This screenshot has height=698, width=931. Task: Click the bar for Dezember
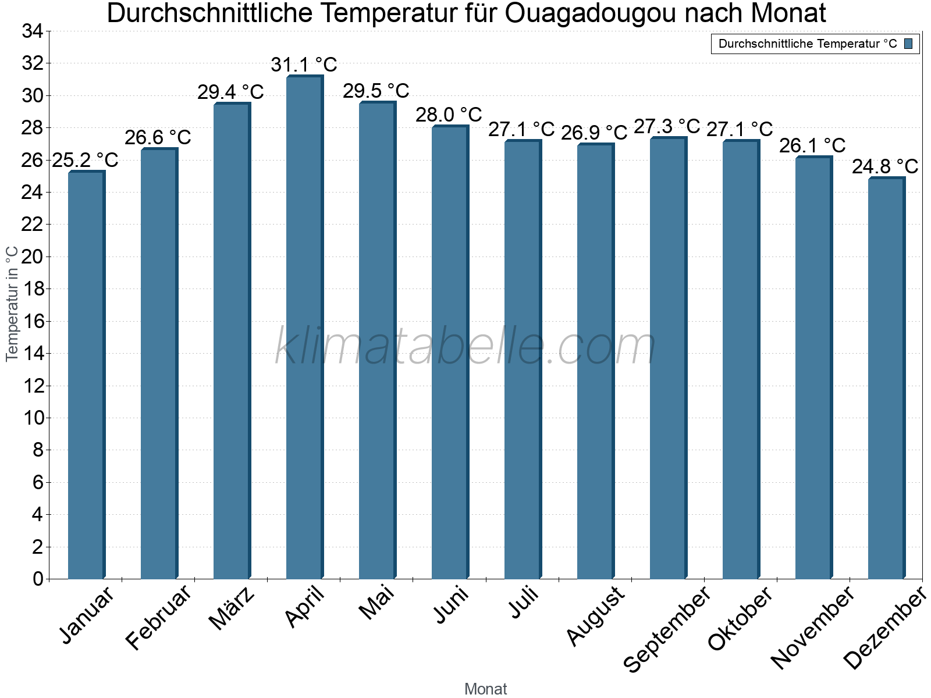[x=886, y=378]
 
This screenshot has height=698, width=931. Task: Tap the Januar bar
[x=86, y=375]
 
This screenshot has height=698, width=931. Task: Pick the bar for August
[x=595, y=361]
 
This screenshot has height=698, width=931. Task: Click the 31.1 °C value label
[x=304, y=65]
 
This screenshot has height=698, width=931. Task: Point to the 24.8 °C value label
[x=885, y=167]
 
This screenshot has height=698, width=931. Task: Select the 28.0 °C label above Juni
[x=449, y=115]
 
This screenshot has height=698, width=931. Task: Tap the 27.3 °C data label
[x=667, y=126]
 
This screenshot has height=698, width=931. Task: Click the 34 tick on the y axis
[x=33, y=31]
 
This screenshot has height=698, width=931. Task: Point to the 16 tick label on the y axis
[x=33, y=321]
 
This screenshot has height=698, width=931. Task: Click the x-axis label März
[x=232, y=608]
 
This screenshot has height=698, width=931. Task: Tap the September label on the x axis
[x=667, y=628]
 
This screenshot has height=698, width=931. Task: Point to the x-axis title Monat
[x=486, y=689]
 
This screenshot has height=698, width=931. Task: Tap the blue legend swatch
[x=908, y=44]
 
